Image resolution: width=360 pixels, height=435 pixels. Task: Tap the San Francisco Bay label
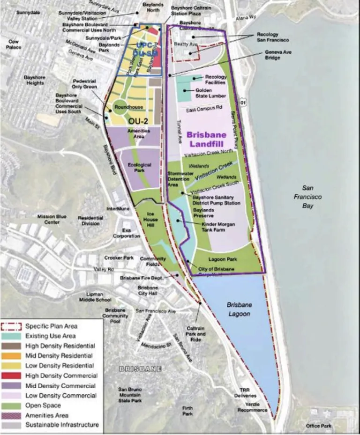point(307,197)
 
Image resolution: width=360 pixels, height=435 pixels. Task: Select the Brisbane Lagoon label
point(239,309)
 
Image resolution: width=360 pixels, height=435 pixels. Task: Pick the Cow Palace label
point(14,44)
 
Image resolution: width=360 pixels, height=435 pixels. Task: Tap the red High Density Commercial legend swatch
point(12,376)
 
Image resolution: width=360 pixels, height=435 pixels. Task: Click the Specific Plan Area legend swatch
point(12,326)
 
